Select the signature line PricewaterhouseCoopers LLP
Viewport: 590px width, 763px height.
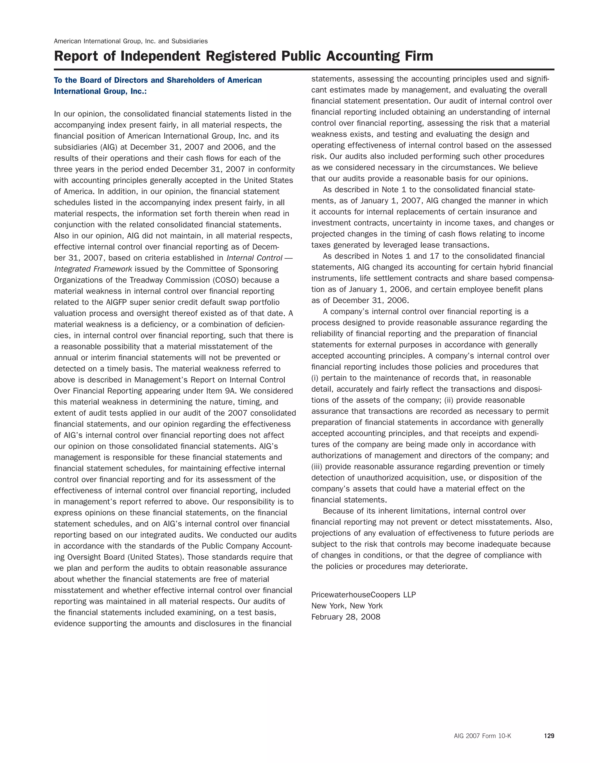[x=364, y=595]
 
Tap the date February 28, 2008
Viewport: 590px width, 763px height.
[x=346, y=617]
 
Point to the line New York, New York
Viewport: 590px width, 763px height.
[x=347, y=606]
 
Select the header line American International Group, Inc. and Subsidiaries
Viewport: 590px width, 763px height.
[x=131, y=41]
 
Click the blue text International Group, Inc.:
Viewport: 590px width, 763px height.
[x=100, y=92]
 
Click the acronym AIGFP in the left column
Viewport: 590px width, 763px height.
[x=117, y=302]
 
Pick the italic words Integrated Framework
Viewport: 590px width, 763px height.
[x=93, y=269]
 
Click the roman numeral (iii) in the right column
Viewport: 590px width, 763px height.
[x=317, y=467]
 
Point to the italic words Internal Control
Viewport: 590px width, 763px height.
[x=254, y=258]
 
